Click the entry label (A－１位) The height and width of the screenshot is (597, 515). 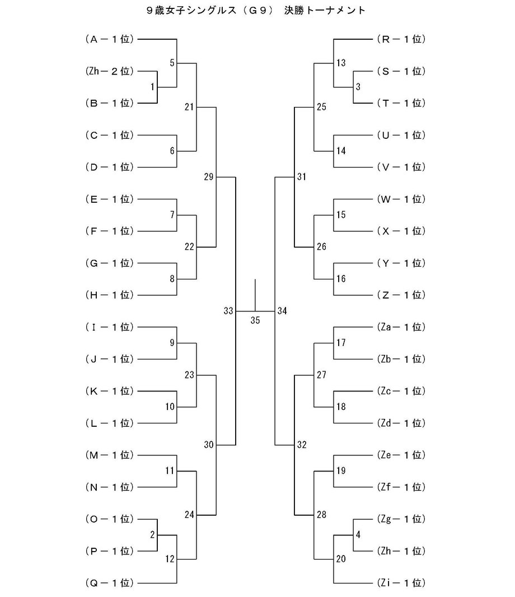coord(110,39)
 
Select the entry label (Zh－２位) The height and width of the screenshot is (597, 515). coord(110,71)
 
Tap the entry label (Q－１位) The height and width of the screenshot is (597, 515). coord(110,583)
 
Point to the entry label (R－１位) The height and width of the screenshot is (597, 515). coord(401,39)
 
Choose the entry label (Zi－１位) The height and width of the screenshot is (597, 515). coord(401,583)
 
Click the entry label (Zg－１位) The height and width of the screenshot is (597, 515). coord(401,519)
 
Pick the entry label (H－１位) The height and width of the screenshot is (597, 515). coord(110,295)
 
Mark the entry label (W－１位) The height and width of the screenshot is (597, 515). coord(401,199)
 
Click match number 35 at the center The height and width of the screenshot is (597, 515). coord(255,321)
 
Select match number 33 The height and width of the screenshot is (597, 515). coord(227,311)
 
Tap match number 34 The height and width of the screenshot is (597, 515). coord(282,311)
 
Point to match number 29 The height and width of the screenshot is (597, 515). coord(209,178)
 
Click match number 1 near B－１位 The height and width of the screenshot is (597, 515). coord(152,87)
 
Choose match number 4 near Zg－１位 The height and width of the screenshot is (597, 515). coord(358,534)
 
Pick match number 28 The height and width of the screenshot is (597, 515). coord(321,515)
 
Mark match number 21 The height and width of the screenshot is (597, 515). coord(189,106)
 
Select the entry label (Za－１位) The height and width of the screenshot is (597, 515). coord(401,327)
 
